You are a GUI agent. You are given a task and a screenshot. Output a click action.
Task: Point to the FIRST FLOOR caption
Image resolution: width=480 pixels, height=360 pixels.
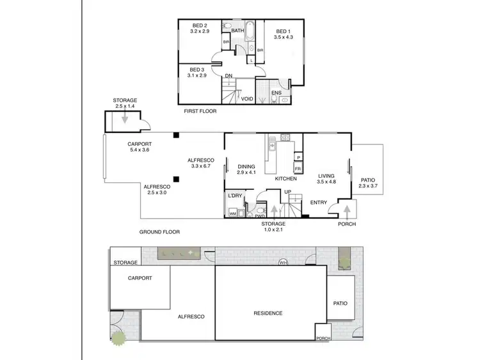[200, 111]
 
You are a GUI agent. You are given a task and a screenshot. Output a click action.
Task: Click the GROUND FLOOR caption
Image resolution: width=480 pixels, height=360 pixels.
[159, 232]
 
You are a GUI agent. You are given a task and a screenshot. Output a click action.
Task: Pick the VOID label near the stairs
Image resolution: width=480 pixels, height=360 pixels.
[247, 99]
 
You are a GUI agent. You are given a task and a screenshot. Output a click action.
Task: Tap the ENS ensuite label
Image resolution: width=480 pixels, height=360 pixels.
[276, 93]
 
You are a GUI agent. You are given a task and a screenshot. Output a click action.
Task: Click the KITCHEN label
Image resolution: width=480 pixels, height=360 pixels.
[286, 179]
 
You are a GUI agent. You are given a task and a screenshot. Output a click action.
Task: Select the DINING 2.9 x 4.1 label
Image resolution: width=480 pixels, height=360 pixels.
[246, 169]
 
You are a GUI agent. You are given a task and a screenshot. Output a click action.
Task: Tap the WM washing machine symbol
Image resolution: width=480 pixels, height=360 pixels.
[233, 212]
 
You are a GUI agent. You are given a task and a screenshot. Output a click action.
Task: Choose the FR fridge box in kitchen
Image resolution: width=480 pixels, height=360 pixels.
[298, 169]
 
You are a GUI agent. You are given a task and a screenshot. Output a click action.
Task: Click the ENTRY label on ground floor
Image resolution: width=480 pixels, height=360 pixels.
[319, 203]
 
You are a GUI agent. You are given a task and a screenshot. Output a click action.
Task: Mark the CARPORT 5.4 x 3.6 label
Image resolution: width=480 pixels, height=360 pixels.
[140, 147]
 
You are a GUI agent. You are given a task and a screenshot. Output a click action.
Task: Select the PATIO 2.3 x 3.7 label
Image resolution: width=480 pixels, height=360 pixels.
[369, 184]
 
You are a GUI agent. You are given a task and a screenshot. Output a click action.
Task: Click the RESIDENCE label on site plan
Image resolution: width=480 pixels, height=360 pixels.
[268, 313]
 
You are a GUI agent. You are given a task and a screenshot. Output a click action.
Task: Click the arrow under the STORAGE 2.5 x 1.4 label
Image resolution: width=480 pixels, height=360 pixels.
[125, 118]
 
